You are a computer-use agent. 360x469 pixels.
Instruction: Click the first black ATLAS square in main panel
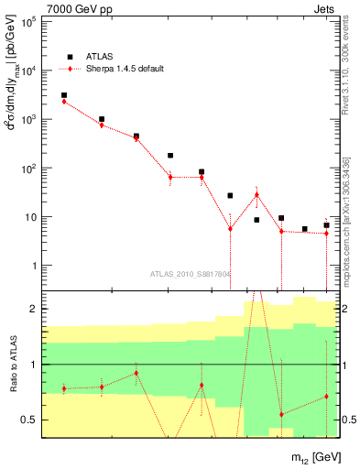click(x=64, y=95)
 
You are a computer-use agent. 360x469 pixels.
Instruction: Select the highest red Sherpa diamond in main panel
click(x=64, y=102)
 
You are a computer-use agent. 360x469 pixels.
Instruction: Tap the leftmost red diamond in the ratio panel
click(x=64, y=388)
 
